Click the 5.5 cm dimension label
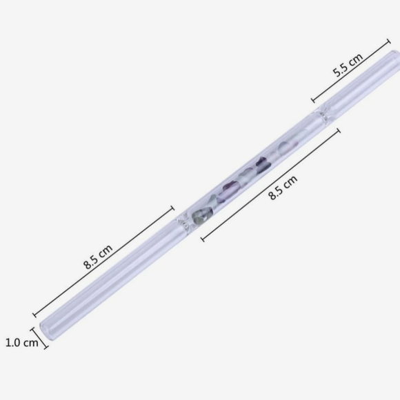pyautogui.click(x=348, y=65)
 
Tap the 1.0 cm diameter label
pyautogui.click(x=22, y=342)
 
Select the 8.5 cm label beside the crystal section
pyautogui.click(x=283, y=188)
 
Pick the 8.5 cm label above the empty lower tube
pyautogui.click(x=98, y=257)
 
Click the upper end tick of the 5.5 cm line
pyautogui.click(x=388, y=41)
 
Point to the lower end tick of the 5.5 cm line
pyautogui.click(x=313, y=100)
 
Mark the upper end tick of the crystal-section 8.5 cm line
pyautogui.click(x=339, y=130)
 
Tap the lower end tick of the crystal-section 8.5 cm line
pyautogui.click(x=203, y=239)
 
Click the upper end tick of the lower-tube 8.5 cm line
pyautogui.click(x=172, y=208)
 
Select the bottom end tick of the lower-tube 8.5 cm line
pyautogui.click(x=34, y=314)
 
